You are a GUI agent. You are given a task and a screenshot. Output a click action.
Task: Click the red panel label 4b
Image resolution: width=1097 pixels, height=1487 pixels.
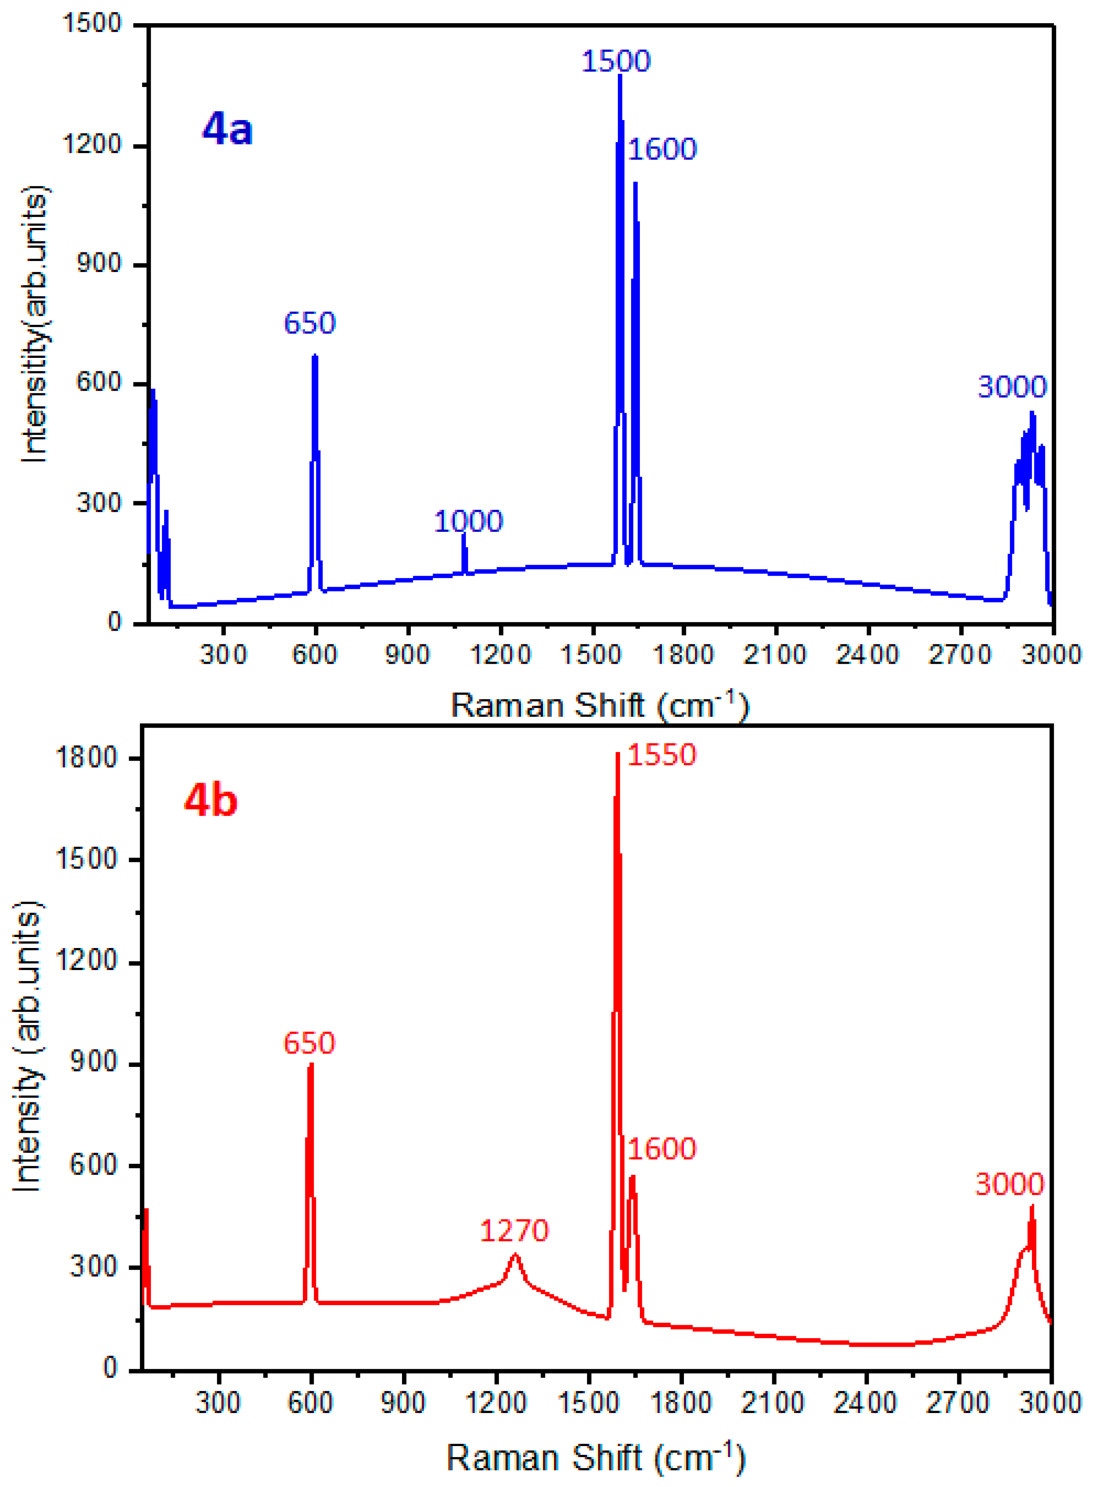(211, 801)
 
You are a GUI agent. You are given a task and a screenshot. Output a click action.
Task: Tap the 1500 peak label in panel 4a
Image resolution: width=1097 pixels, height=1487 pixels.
(615, 61)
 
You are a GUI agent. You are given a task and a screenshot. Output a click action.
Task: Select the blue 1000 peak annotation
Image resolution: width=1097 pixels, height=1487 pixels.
(468, 521)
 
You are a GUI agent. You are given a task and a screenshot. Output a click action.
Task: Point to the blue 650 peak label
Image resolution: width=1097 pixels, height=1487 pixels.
(309, 323)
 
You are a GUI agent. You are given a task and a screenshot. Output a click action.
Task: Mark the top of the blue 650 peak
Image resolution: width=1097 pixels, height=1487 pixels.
(315, 356)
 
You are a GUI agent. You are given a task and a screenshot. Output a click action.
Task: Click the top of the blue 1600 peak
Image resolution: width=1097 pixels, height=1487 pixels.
(636, 183)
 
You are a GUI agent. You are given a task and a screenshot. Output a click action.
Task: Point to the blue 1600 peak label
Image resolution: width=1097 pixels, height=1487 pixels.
(662, 149)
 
